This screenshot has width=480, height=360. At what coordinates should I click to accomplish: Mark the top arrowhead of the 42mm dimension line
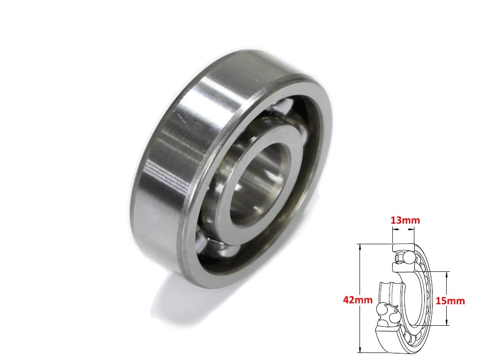tap(360, 246)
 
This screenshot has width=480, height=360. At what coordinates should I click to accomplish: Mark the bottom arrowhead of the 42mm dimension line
tap(360, 352)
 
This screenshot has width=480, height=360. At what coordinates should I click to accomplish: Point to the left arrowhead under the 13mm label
tap(394, 230)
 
